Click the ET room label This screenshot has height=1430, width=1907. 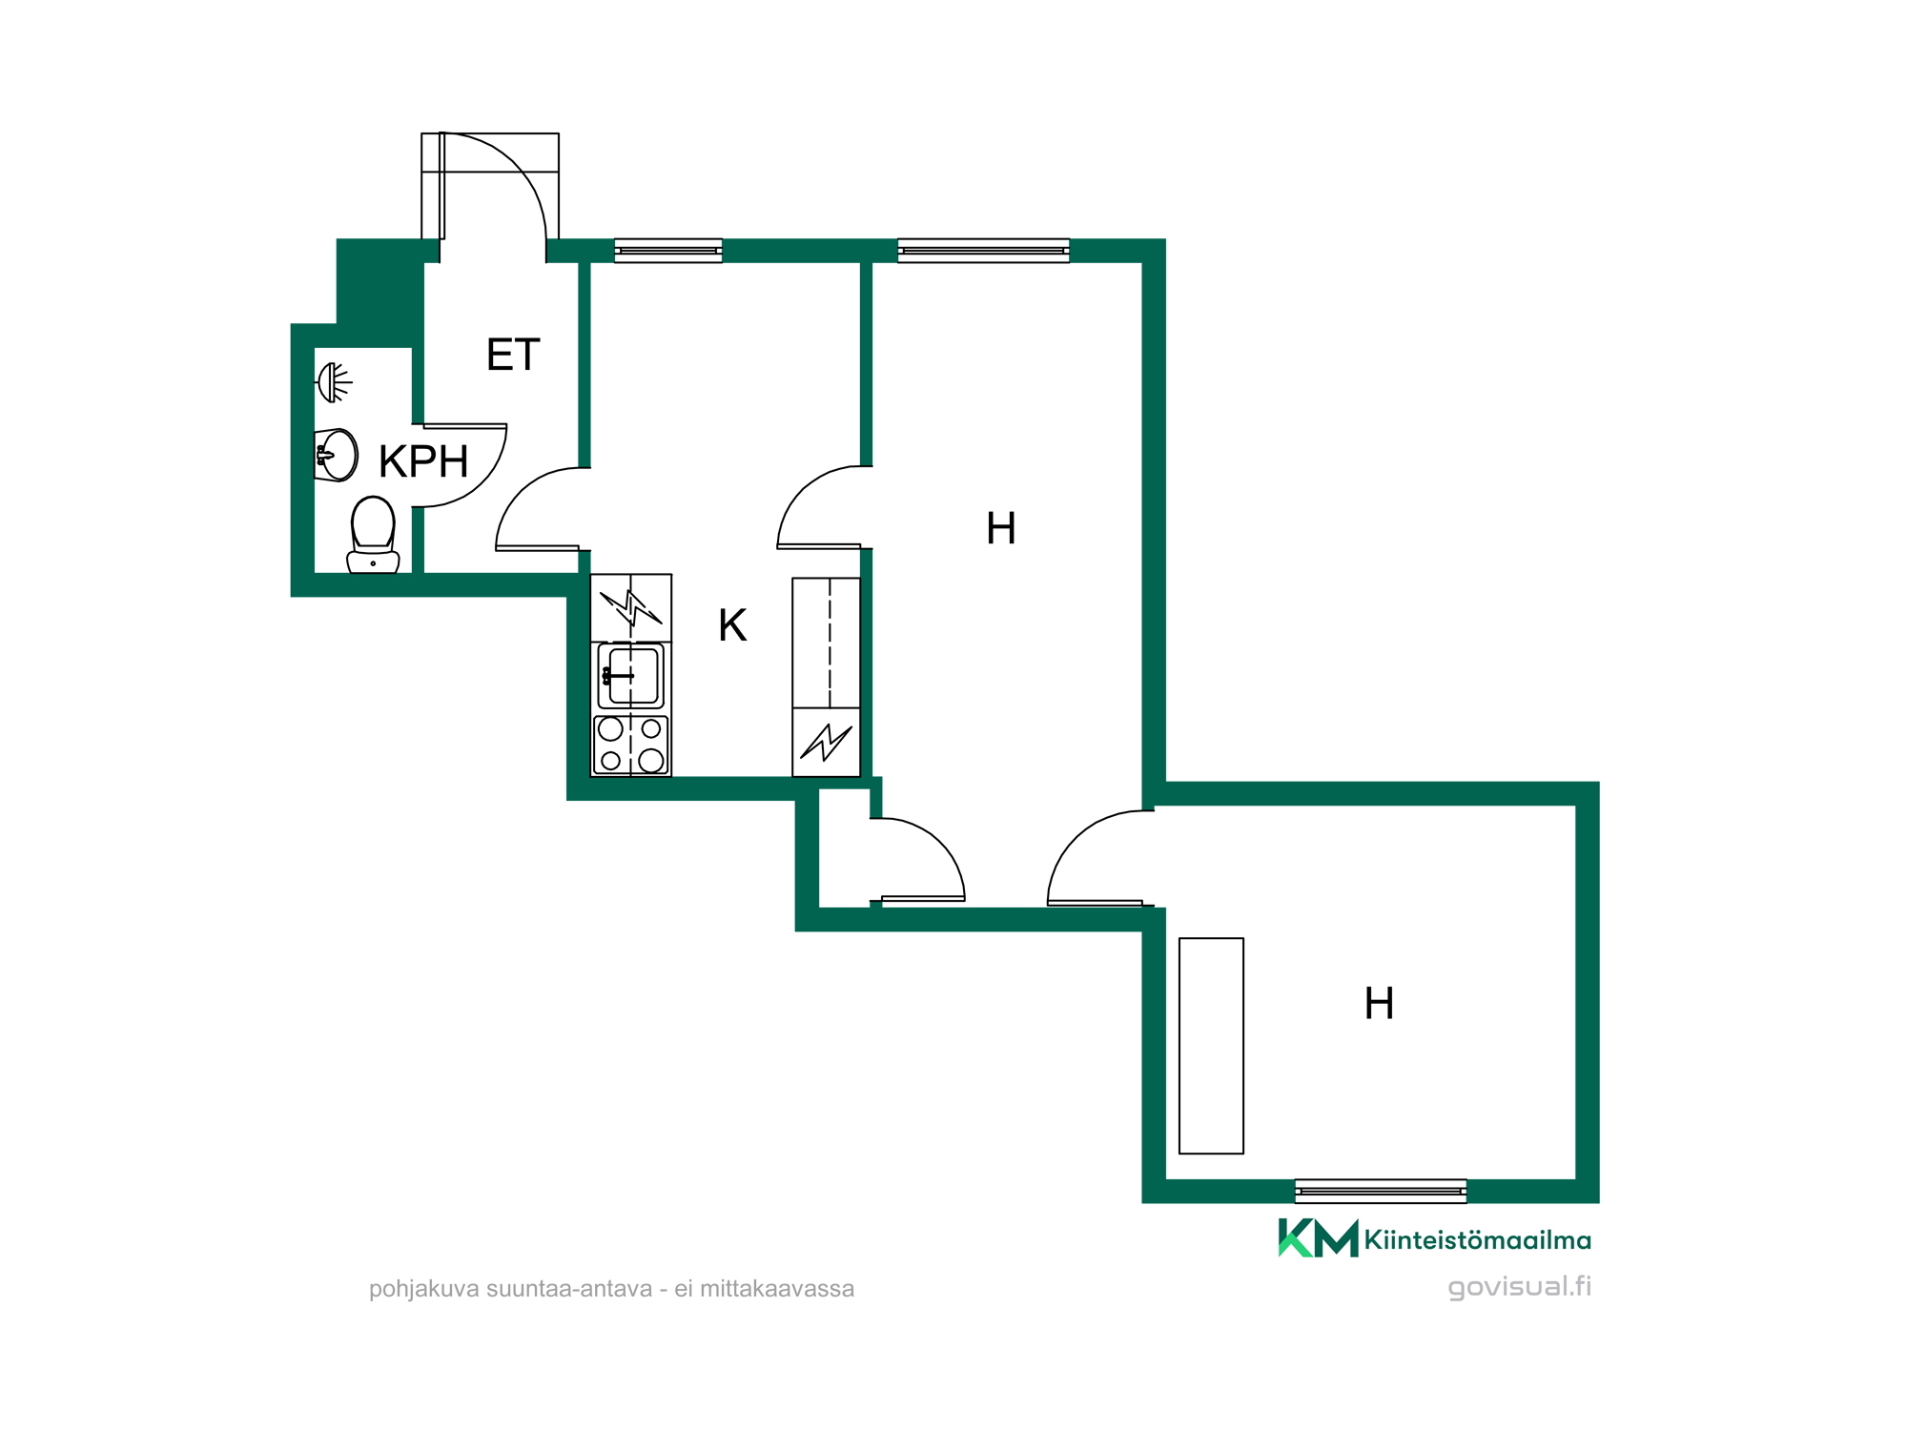(x=513, y=355)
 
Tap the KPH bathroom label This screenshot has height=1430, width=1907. (x=423, y=461)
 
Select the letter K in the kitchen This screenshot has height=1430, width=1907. (x=732, y=625)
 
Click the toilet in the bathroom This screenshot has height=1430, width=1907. (x=373, y=535)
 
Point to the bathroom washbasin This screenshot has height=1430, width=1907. (x=336, y=455)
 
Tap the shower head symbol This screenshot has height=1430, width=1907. (x=333, y=382)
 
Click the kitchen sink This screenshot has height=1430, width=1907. (x=630, y=675)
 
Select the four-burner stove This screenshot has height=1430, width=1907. (x=630, y=745)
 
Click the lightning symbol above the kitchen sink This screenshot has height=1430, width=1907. (x=630, y=607)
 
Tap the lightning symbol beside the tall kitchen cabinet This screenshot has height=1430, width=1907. (x=826, y=742)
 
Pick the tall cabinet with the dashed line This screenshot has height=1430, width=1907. (x=826, y=643)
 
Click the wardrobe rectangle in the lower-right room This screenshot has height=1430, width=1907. (x=1211, y=1046)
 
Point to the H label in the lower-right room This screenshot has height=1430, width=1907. (x=1379, y=1004)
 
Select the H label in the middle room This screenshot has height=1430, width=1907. (x=1000, y=528)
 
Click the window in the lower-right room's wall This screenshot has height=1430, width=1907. (x=1380, y=1191)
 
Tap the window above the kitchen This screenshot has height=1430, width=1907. (x=667, y=250)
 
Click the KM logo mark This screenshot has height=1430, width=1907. (x=1318, y=1238)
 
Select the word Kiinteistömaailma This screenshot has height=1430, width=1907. (x=1477, y=1240)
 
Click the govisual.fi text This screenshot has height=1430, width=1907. (x=1520, y=1286)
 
